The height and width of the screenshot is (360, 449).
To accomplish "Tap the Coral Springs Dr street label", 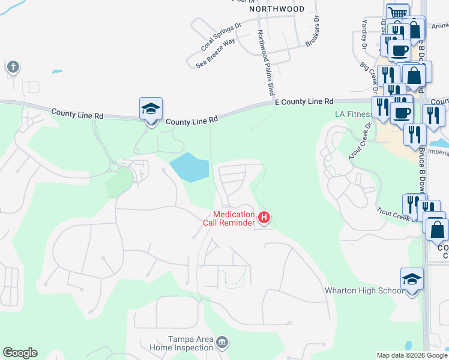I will (220, 35).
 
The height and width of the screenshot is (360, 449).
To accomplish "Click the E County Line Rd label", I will (304, 103).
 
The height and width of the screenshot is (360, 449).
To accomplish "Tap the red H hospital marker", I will (263, 217).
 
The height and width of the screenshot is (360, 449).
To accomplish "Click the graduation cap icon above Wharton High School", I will (411, 278).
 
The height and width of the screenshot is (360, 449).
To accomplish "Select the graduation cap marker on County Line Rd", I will (151, 109).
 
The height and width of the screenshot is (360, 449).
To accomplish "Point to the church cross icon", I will (13, 67).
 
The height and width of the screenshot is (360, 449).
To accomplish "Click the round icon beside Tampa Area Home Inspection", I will (222, 343).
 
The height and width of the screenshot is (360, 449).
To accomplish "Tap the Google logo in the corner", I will (20, 353).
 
